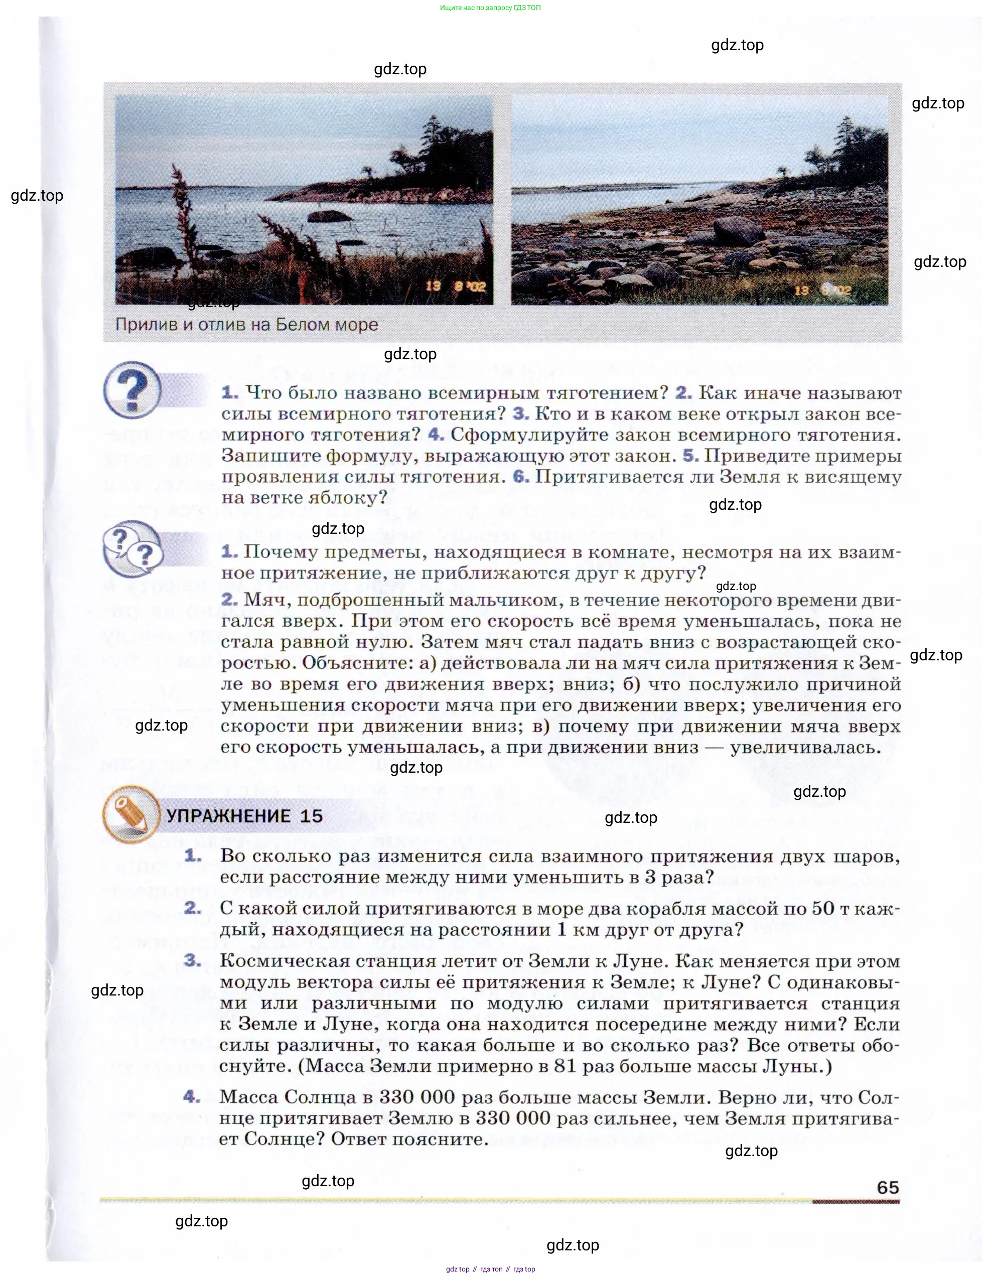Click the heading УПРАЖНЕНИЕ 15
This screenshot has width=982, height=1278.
(244, 816)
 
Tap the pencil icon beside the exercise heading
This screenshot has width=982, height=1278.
(131, 814)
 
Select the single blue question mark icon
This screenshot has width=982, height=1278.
(132, 390)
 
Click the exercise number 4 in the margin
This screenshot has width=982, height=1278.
(192, 1096)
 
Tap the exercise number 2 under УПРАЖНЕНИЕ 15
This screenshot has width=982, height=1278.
(193, 908)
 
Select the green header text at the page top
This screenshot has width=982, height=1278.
(490, 8)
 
